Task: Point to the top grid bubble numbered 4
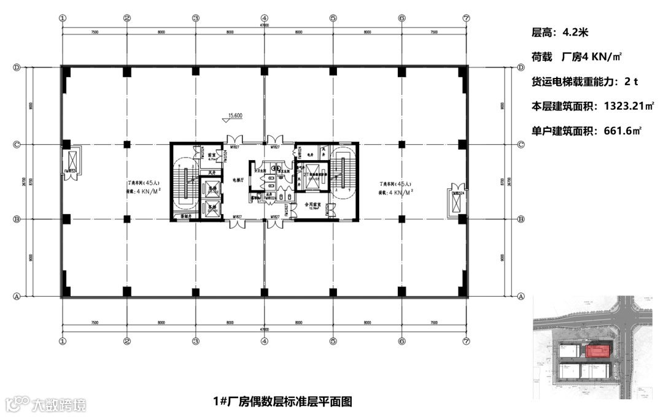[x=264, y=18]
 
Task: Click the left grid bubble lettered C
[x=17, y=145]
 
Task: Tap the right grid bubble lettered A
[x=521, y=296]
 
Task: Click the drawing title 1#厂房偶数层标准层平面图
[x=282, y=402]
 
